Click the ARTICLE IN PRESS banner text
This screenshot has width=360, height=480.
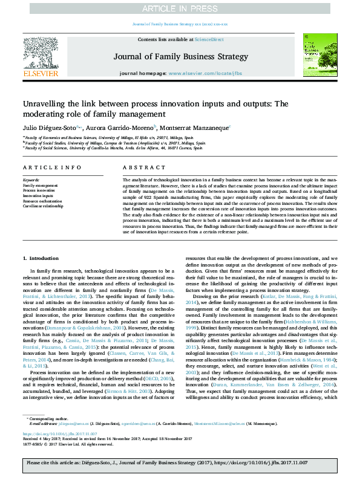180,8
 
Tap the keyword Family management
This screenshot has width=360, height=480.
40,184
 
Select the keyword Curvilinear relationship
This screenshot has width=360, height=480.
43,206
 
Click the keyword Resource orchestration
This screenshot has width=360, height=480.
43,201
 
